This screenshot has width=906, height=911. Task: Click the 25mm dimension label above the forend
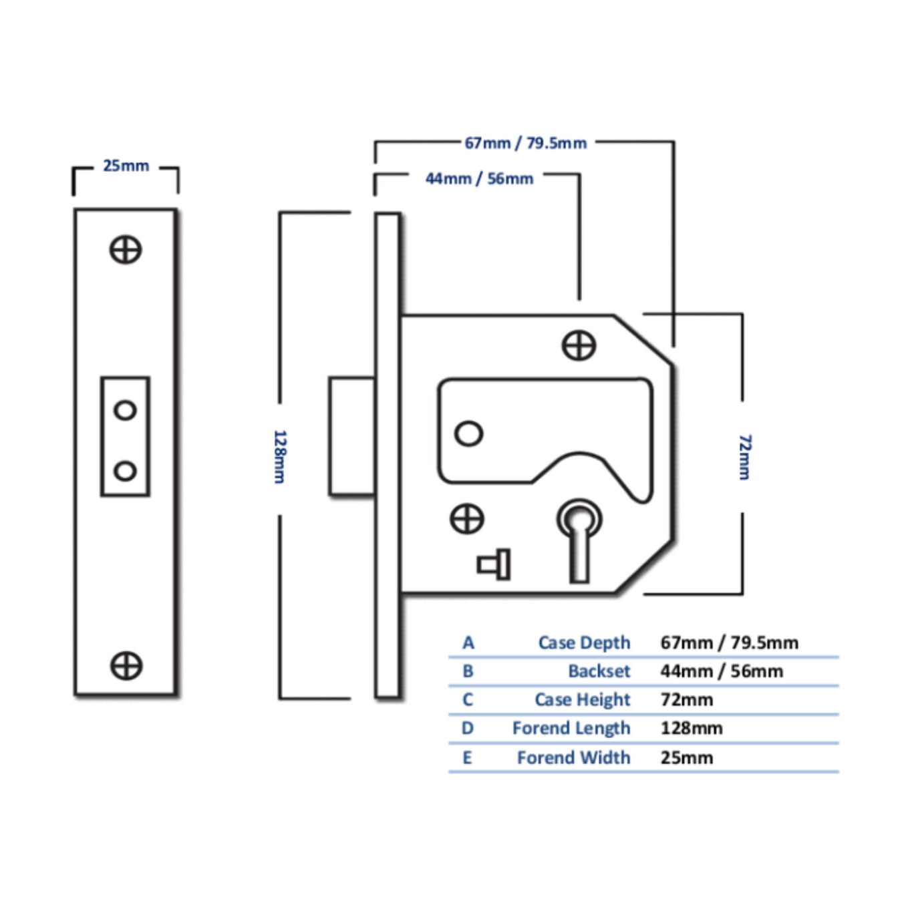coord(126,166)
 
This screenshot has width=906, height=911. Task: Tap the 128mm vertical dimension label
coord(280,457)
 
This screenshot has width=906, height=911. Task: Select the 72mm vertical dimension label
coord(745,457)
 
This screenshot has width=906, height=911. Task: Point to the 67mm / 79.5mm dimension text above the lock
coord(525,143)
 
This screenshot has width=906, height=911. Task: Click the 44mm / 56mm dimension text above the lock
coord(479,179)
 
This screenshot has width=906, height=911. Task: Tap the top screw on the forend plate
coord(126,250)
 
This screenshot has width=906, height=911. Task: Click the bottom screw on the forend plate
coord(126,666)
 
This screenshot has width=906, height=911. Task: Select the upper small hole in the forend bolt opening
coord(125,410)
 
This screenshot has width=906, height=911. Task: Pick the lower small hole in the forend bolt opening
coord(125,471)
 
